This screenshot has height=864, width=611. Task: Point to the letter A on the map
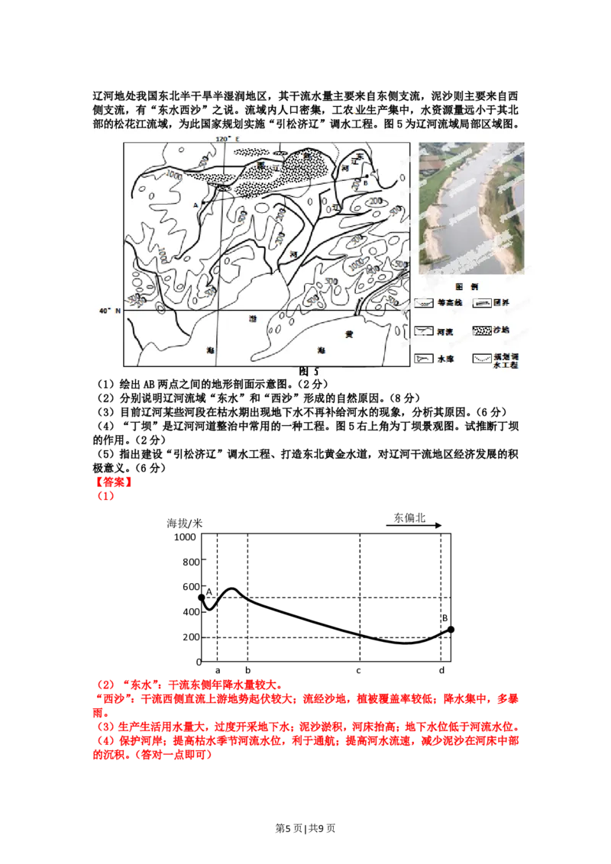tap(196, 205)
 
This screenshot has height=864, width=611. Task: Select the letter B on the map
tap(366, 183)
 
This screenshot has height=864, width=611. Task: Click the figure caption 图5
tap(309, 372)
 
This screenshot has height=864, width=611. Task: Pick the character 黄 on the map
tap(349, 334)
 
